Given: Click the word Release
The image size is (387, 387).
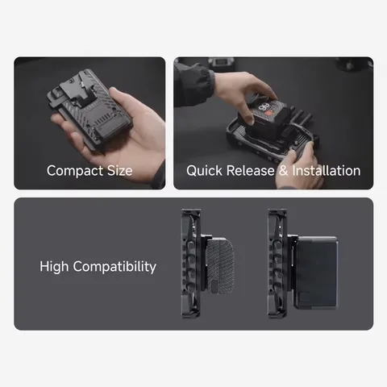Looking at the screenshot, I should (x=256, y=171).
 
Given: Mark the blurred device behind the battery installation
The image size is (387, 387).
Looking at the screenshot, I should (x=219, y=63).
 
